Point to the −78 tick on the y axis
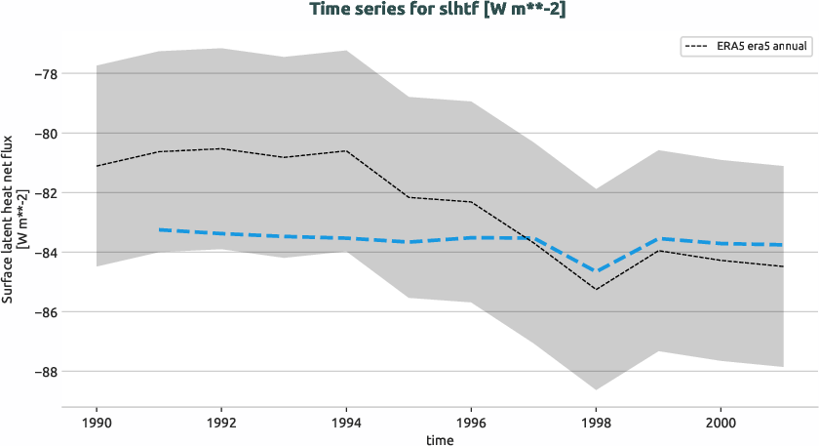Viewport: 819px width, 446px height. click(43, 74)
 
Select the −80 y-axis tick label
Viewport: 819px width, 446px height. click(43, 134)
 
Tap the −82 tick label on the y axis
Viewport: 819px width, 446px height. click(43, 193)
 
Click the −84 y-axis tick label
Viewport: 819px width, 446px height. click(43, 253)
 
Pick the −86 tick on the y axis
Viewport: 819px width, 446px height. click(43, 312)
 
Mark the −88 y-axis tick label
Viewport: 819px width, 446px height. click(43, 372)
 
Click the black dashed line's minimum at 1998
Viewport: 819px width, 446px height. click(596, 289)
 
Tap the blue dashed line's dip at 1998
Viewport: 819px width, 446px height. click(596, 271)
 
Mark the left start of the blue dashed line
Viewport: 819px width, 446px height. click(159, 229)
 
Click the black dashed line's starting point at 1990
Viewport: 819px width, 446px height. click(97, 166)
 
